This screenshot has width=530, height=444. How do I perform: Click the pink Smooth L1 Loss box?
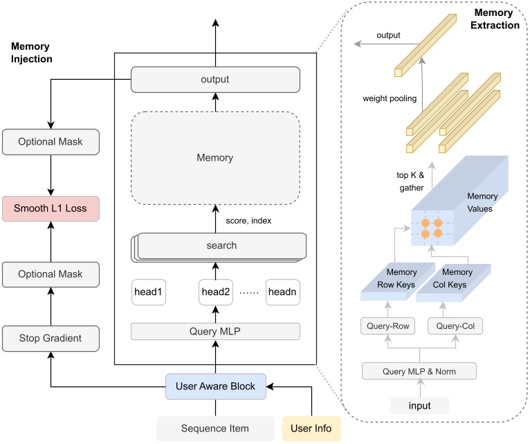click(51, 208)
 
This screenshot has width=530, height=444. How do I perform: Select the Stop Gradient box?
click(51, 339)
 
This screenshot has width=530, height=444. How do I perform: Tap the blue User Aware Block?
click(215, 386)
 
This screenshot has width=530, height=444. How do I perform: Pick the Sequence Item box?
click(215, 429)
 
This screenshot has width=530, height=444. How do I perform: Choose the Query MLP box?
click(215, 331)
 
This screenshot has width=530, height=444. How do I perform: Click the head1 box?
click(149, 292)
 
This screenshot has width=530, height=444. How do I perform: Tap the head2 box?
click(215, 292)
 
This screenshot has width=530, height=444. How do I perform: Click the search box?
click(221, 245)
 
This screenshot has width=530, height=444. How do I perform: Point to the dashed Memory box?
click(215, 158)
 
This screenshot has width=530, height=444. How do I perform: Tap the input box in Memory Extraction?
click(419, 405)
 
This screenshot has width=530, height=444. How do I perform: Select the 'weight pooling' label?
click(390, 99)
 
